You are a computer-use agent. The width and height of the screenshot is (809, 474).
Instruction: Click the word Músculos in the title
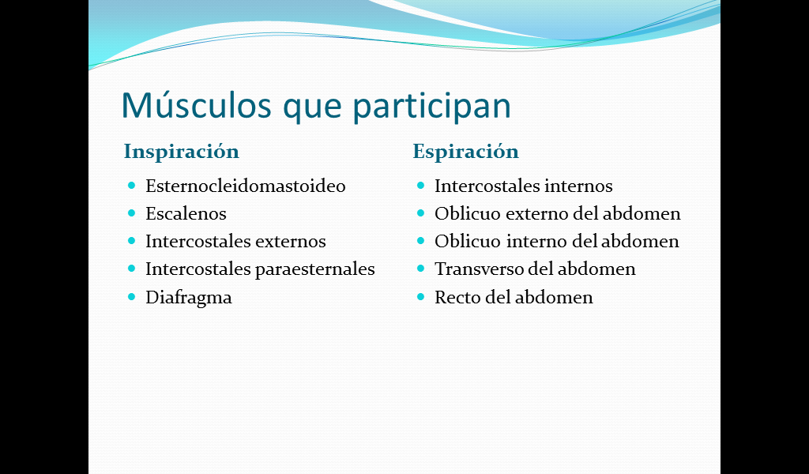(x=196, y=105)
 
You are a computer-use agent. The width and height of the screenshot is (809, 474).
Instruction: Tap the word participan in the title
(x=431, y=107)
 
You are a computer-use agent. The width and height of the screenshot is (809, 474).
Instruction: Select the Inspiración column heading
(x=182, y=152)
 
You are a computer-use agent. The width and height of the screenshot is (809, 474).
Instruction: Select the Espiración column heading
(x=466, y=152)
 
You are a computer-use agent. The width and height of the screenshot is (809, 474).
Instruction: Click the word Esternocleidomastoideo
(x=246, y=186)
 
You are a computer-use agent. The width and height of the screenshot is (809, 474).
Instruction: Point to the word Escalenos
(x=186, y=213)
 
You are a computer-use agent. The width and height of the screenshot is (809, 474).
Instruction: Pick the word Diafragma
(x=189, y=298)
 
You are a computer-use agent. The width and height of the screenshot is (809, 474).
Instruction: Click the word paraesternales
(x=315, y=269)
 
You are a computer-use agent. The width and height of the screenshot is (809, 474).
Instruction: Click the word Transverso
(x=479, y=269)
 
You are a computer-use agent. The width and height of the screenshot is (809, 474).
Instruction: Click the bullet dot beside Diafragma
(x=132, y=296)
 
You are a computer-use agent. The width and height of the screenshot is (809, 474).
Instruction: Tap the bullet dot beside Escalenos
(x=132, y=213)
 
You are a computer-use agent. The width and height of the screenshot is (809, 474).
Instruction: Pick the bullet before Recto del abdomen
(x=420, y=296)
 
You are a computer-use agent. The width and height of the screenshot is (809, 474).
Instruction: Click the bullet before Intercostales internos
(x=420, y=185)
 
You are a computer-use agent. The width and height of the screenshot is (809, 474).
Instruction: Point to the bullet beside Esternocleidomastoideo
(x=132, y=185)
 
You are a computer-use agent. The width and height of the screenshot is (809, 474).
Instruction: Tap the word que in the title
(x=312, y=108)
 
